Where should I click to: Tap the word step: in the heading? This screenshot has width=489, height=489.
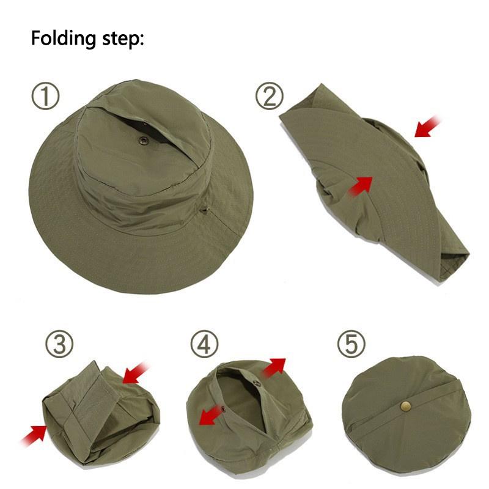tap(121, 39)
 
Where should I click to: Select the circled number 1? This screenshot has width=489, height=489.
tap(45, 96)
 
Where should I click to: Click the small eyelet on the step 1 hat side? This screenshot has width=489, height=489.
tap(205, 210)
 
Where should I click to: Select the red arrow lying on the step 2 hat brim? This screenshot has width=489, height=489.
tap(361, 185)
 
